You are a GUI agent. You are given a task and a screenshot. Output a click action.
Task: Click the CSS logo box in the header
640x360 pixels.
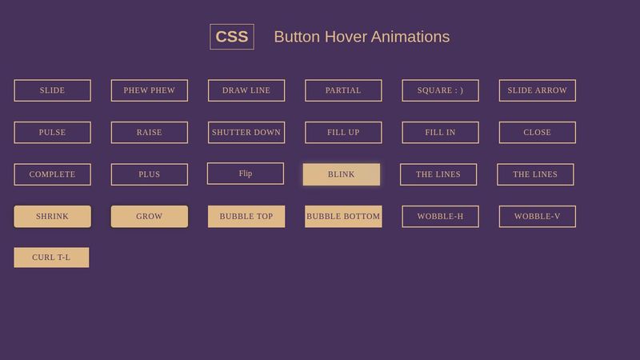[232, 37]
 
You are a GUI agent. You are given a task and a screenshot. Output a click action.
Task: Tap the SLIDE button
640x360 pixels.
[52, 90]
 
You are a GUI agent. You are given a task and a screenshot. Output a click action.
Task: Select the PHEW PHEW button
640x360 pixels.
[150, 90]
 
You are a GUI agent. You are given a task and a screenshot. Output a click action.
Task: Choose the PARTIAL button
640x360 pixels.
[343, 90]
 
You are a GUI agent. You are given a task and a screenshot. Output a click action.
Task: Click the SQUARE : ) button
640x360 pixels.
[440, 90]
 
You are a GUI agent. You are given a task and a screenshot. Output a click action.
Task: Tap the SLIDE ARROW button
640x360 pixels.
[537, 90]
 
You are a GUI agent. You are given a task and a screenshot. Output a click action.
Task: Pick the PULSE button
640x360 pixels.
[52, 132]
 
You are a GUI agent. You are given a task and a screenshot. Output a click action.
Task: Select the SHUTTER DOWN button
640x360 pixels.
[246, 132]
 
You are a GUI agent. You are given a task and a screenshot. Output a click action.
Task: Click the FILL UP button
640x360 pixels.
[343, 132]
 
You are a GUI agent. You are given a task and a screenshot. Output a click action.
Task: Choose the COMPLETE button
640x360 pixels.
[52, 174]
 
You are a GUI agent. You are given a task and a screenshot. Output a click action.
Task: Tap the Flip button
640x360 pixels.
[246, 174]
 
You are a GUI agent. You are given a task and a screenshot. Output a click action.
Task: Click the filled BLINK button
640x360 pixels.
[342, 174]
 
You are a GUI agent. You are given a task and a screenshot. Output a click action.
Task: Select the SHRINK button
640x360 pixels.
[52, 216]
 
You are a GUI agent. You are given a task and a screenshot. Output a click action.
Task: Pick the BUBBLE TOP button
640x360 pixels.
[246, 216]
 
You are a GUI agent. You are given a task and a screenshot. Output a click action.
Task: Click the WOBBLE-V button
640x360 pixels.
[537, 216]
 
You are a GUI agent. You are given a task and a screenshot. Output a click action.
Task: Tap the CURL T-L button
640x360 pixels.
[51, 258]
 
